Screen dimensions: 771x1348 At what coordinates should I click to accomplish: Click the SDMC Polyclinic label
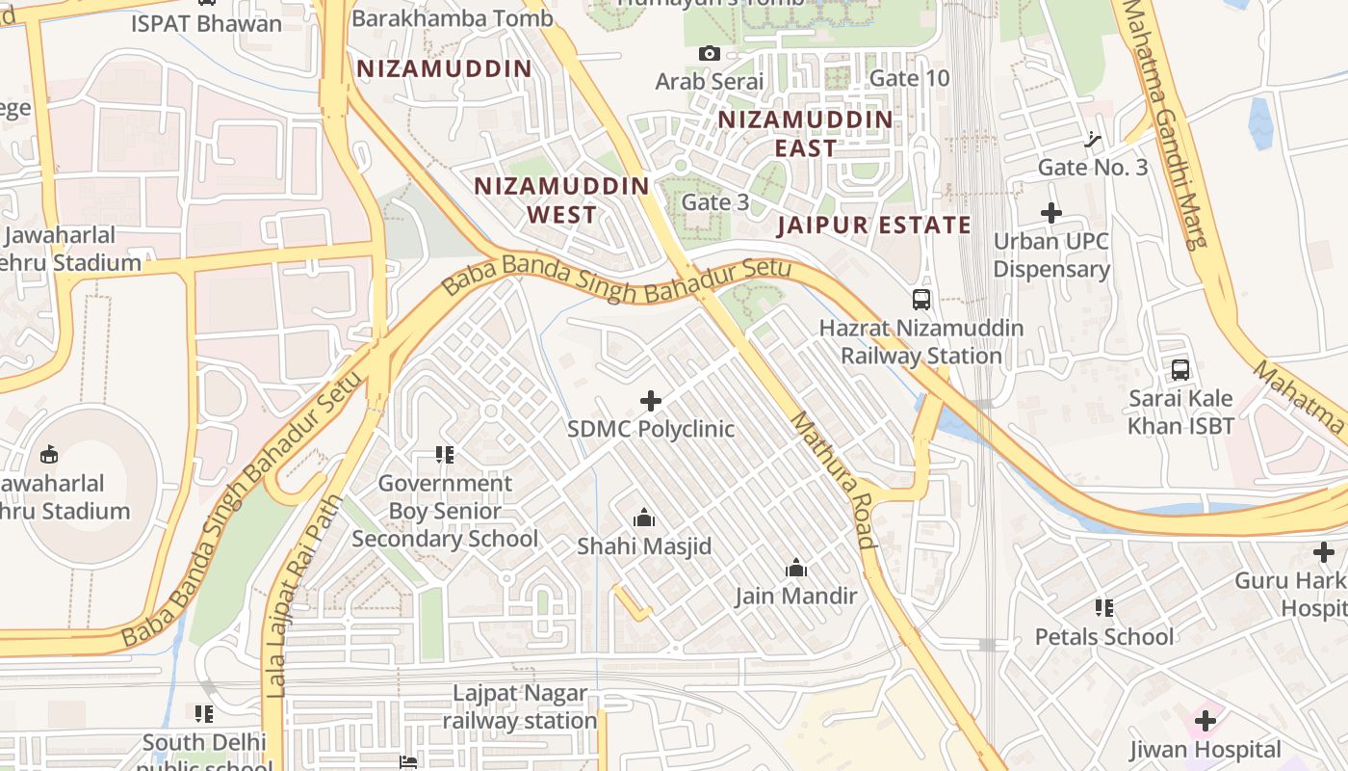click(x=651, y=429)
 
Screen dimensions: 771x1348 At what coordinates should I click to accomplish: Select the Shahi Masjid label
click(x=644, y=546)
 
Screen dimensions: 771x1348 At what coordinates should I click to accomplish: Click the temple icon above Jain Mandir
click(x=796, y=569)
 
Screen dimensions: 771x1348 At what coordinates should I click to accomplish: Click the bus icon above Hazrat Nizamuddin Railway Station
click(x=921, y=300)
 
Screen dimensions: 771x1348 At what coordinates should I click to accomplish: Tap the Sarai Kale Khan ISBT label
click(x=1180, y=412)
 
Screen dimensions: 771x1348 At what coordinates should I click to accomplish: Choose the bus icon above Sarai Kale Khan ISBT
click(x=1180, y=369)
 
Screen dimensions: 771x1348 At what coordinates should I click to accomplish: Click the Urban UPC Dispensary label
click(x=1051, y=255)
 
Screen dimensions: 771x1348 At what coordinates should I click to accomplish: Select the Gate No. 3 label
click(x=1093, y=168)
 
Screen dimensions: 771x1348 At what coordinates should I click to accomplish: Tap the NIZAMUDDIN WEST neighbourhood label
click(x=562, y=200)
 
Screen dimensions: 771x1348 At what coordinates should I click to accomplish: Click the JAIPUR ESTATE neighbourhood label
click(x=874, y=226)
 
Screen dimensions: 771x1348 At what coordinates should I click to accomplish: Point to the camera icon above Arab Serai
click(x=710, y=54)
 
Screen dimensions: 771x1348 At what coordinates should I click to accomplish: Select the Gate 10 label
click(x=909, y=78)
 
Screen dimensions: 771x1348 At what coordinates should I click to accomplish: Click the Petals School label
click(x=1104, y=637)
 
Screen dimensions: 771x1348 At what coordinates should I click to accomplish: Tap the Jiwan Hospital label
click(x=1205, y=750)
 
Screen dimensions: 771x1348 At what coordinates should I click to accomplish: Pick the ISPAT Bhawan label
click(x=207, y=23)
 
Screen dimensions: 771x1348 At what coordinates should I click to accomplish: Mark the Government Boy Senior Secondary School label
click(x=445, y=511)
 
